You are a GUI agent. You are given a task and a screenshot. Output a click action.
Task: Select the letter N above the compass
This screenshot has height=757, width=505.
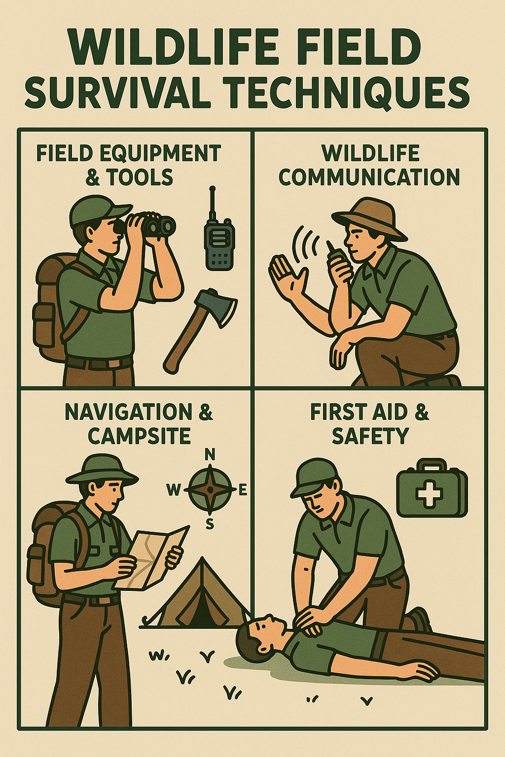click(210, 456)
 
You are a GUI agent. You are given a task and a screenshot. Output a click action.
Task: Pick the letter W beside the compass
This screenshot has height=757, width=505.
click(174, 489)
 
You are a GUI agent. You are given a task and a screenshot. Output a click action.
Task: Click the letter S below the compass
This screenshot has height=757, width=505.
click(210, 524)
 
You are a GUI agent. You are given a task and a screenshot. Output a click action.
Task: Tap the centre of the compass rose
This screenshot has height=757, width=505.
click(210, 489)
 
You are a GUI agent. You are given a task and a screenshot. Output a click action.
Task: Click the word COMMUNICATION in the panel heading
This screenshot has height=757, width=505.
click(369, 177)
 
